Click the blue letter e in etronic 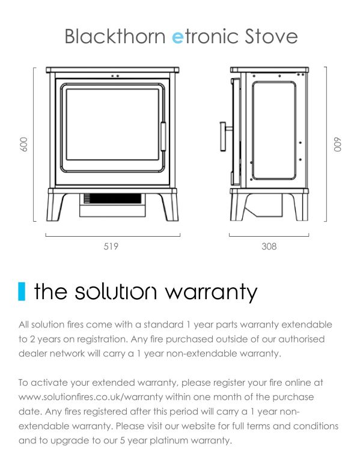(177, 38)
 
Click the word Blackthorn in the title (115, 36)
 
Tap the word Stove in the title (271, 36)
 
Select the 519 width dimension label (111, 246)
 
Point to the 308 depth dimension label (269, 246)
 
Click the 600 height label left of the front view (23, 144)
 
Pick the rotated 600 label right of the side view (337, 144)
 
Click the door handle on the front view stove (163, 136)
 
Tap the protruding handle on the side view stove (225, 136)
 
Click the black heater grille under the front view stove (112, 198)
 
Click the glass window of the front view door (112, 124)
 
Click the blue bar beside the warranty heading (22, 291)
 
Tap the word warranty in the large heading (211, 293)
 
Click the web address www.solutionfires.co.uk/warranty (91, 397)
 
